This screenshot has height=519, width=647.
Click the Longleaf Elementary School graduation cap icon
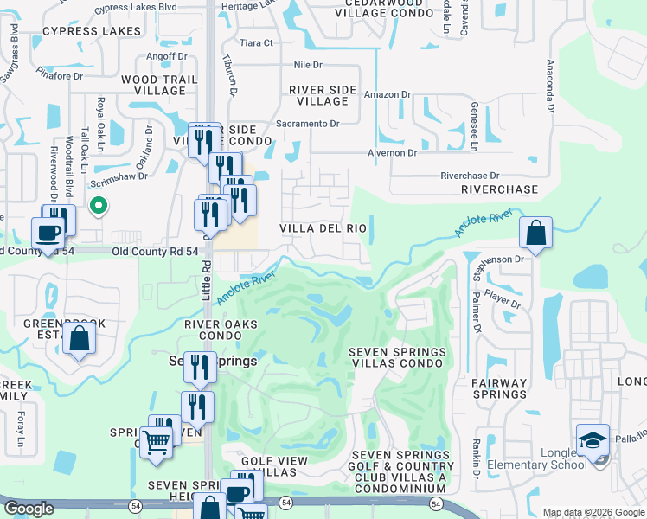(593, 440)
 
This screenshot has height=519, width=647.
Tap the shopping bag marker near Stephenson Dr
(535, 233)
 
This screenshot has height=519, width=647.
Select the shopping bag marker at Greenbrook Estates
(79, 338)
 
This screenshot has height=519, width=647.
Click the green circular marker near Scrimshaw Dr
(98, 206)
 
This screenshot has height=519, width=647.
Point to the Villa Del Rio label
(323, 228)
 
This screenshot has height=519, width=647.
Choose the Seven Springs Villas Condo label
(398, 357)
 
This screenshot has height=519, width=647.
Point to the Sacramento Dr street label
(307, 124)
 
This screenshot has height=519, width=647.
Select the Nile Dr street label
(308, 65)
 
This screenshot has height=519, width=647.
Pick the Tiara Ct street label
(256, 42)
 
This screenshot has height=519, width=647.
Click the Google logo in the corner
(29, 509)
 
